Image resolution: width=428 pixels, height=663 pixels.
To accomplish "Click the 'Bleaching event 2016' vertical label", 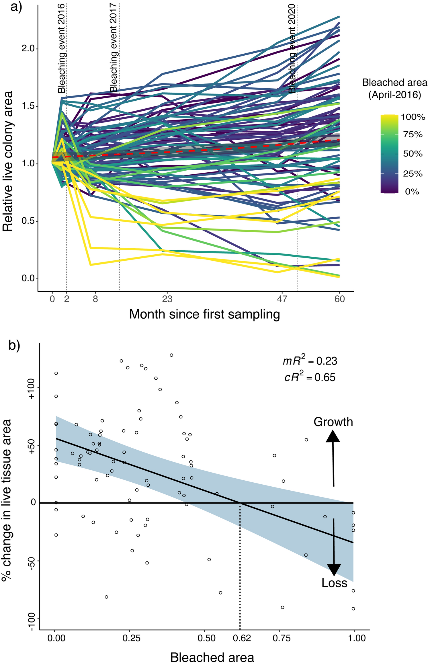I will (x=62, y=48).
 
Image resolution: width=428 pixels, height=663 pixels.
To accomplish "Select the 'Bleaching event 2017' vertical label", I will (x=114, y=48).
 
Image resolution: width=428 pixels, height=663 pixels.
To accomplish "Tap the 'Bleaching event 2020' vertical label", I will (x=292, y=48).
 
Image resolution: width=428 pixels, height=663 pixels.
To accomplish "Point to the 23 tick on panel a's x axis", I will (x=167, y=299).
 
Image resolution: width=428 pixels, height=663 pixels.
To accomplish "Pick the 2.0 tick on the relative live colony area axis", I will (x=28, y=48).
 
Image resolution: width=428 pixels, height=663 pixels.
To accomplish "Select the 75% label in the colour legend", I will (x=413, y=134).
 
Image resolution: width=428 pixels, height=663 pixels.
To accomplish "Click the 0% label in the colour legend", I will (x=412, y=192).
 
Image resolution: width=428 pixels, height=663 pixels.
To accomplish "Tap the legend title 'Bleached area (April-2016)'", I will (x=394, y=88).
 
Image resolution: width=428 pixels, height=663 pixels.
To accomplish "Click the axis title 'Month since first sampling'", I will (x=204, y=314).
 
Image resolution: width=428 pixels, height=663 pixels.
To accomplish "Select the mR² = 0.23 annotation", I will (x=310, y=360).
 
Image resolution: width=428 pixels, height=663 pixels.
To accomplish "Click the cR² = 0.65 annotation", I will (x=310, y=377).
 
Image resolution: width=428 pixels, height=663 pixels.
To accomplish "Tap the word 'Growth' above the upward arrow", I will (x=333, y=422).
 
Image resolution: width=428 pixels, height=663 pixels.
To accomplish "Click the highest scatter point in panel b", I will (x=171, y=355).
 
